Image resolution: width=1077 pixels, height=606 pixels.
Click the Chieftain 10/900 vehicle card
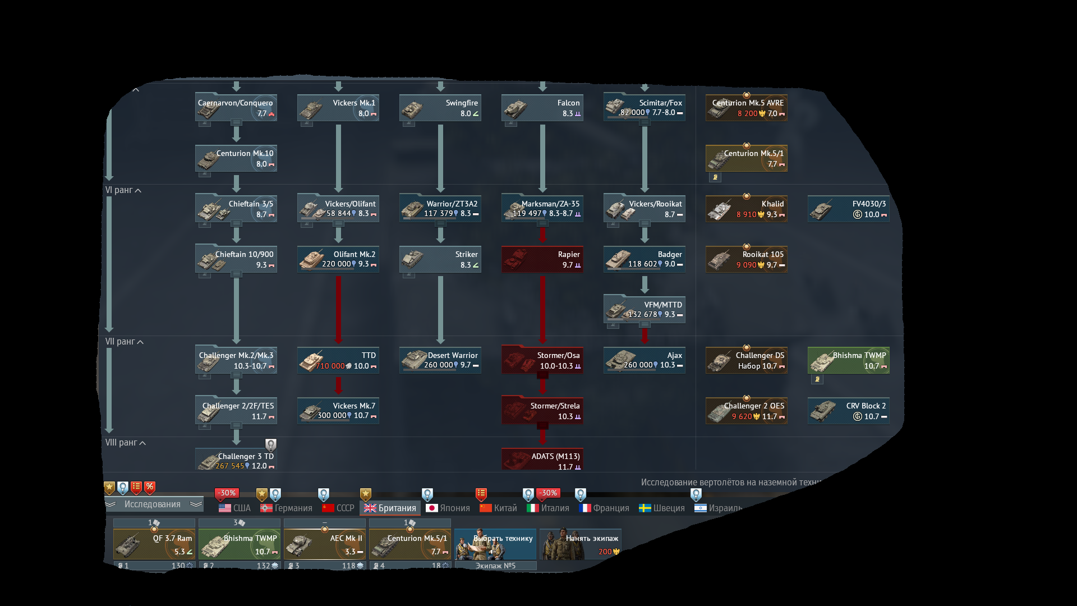click(236, 259)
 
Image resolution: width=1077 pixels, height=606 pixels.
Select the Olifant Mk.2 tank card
click(338, 259)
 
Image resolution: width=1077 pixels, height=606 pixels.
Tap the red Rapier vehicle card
click(542, 259)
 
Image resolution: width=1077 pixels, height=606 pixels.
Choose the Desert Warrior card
click(440, 360)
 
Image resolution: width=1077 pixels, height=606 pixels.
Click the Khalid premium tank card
click(747, 209)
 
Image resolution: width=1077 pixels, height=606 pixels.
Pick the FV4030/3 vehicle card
click(849, 209)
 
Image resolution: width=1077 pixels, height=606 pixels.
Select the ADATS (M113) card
click(542, 460)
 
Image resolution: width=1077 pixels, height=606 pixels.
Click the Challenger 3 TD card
click(236, 460)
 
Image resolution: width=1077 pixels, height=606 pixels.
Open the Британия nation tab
click(390, 508)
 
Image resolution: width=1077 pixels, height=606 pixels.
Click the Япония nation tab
click(448, 508)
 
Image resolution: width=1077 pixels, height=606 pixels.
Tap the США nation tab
click(235, 508)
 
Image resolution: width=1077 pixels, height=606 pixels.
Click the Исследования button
click(153, 504)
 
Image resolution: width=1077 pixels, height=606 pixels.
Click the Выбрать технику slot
click(495, 544)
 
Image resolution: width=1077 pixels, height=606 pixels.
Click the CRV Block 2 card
click(849, 411)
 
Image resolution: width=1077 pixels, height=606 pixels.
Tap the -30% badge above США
click(227, 493)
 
